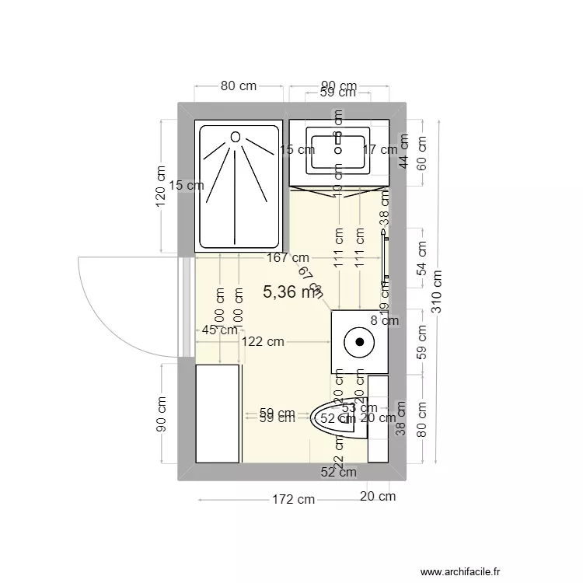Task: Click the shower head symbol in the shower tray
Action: click(x=236, y=137)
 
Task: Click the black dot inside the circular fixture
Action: click(x=360, y=340)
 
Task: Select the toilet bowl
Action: click(x=334, y=420)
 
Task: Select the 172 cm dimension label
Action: click(x=293, y=499)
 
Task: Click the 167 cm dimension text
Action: click(x=288, y=257)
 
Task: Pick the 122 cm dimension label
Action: click(x=262, y=341)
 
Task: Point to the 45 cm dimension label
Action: click(x=219, y=330)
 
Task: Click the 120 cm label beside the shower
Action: click(x=161, y=187)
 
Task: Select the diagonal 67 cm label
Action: click(x=309, y=281)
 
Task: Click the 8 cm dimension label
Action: click(x=384, y=319)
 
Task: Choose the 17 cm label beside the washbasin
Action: click(x=380, y=149)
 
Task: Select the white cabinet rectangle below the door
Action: click(x=217, y=413)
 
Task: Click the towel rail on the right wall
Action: click(x=384, y=253)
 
